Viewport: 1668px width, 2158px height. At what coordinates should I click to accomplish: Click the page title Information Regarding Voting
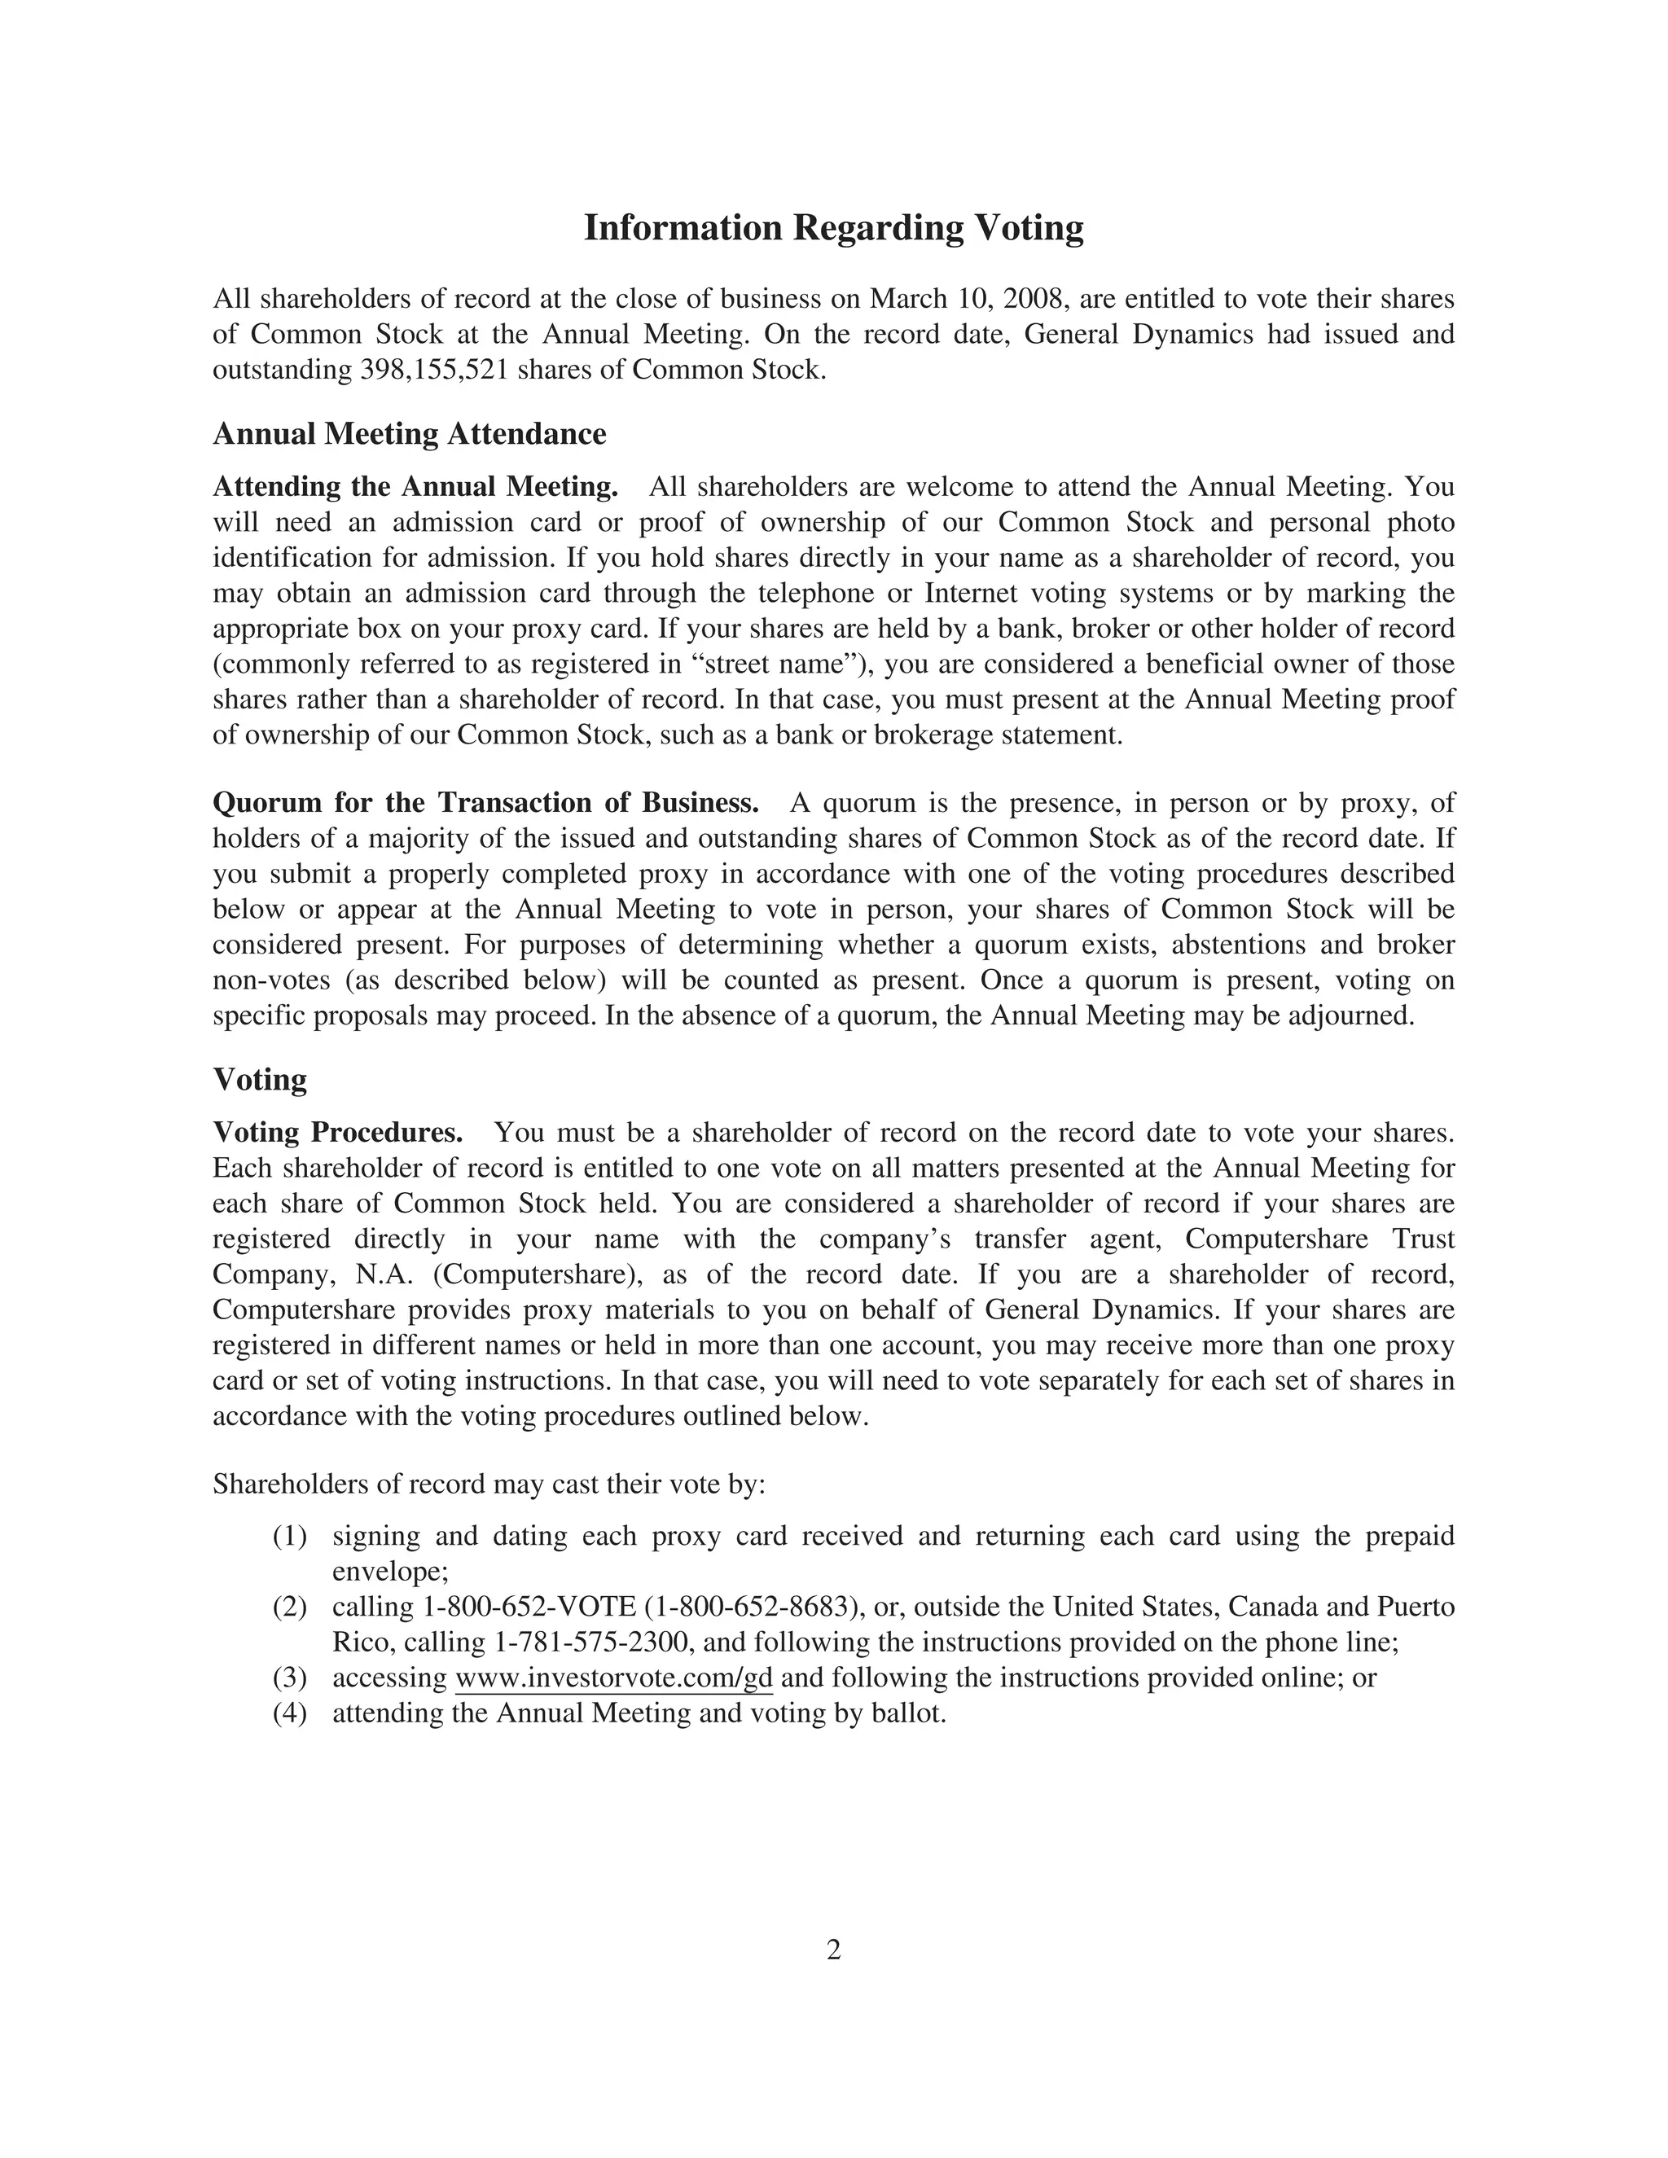(833, 228)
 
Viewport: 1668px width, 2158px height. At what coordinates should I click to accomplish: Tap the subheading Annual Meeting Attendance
(409, 434)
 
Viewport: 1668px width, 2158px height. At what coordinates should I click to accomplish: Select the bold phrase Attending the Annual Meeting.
(415, 487)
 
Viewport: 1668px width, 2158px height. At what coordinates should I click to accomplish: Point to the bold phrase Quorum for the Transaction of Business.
(485, 802)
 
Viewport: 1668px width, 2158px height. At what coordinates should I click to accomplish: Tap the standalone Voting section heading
(260, 1079)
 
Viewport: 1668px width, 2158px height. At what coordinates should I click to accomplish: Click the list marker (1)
(289, 1537)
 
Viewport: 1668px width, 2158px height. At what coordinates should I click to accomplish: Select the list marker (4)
(289, 1713)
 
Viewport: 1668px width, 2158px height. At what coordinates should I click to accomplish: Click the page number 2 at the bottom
(833, 1950)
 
